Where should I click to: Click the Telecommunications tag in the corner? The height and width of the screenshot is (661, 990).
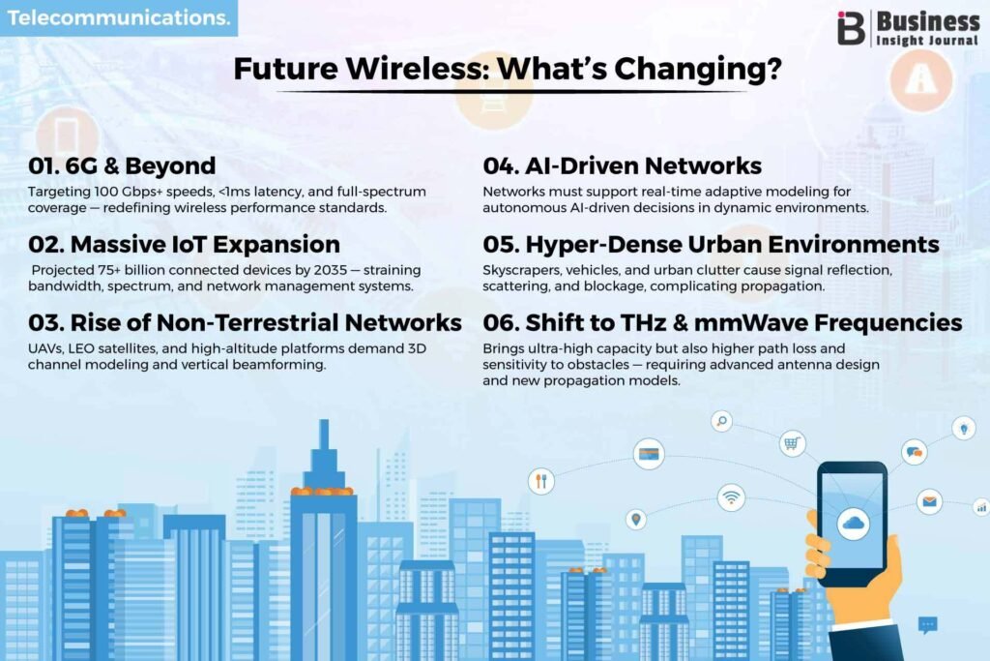119,17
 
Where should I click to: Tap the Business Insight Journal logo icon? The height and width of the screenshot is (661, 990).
851,28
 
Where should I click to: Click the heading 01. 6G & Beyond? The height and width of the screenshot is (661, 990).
122,165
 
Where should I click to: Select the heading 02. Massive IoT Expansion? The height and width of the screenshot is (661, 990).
184,244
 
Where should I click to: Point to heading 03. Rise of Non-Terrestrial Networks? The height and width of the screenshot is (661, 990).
245,322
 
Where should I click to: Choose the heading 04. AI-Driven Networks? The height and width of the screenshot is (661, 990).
622,165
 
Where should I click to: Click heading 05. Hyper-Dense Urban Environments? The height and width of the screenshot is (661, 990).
711,245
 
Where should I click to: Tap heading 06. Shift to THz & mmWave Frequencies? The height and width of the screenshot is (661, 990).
722,322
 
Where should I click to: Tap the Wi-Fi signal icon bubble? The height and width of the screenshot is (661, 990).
731,497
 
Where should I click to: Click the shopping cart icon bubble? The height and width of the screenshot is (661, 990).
792,443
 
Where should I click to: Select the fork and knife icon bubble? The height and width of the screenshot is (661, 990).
541,481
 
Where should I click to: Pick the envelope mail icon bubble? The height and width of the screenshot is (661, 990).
929,501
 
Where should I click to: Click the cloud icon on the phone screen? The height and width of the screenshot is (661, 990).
853,524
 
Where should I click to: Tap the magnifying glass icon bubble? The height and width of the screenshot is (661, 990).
721,421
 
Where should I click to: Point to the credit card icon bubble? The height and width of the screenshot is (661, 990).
649,454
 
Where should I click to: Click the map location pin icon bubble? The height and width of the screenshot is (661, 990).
636,520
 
